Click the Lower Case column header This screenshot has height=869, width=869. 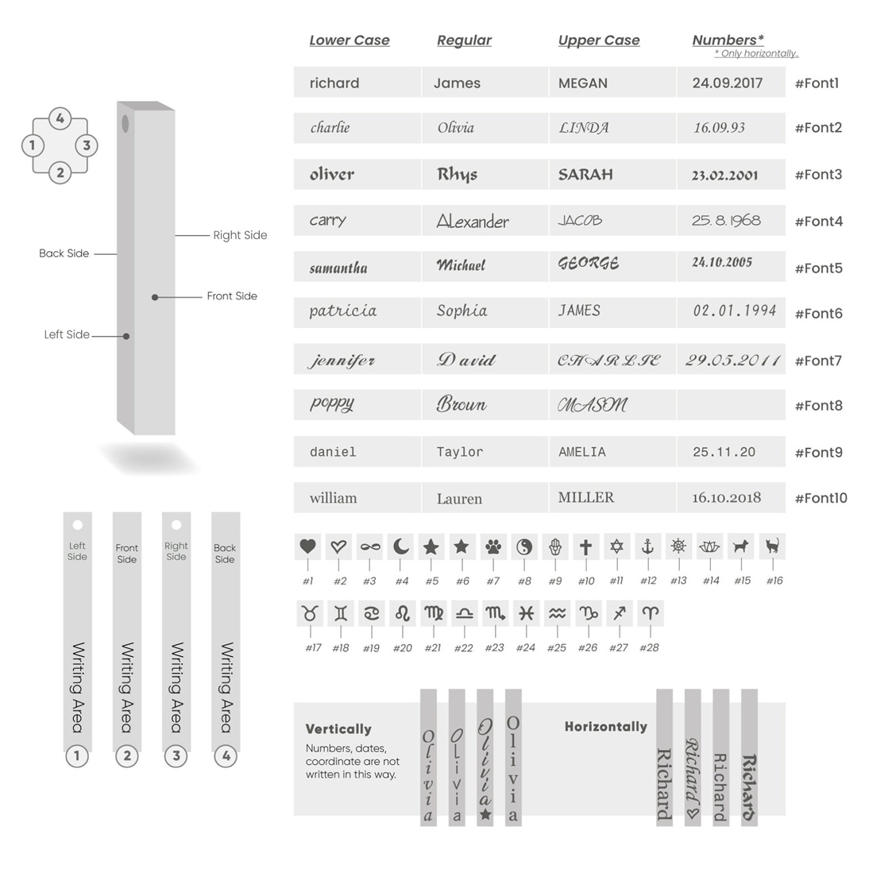pos(350,41)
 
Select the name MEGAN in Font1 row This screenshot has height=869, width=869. pos(582,83)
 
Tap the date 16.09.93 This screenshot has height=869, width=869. pos(719,128)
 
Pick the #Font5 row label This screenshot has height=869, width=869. pos(818,268)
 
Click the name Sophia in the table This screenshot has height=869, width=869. pos(462,311)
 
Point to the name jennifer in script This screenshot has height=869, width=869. pos(342,361)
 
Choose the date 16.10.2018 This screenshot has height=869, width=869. pos(726,498)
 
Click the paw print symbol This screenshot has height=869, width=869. pos(493,547)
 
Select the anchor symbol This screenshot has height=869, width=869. pos(647,547)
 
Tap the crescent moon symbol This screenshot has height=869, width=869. pos(401,547)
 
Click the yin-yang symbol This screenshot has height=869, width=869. pos(524,547)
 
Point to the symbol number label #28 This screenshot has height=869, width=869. pos(649,648)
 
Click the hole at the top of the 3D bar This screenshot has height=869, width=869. pos(125,123)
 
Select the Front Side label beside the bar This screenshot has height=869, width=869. pos(232,296)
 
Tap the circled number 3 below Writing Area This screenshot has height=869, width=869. pos(176,756)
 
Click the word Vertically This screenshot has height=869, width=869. pos(338,729)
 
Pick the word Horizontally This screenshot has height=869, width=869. pos(605,727)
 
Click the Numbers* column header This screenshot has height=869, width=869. pos(728,41)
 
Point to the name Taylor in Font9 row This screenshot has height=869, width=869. pos(460,452)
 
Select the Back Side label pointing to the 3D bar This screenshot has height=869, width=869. pos(64,253)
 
